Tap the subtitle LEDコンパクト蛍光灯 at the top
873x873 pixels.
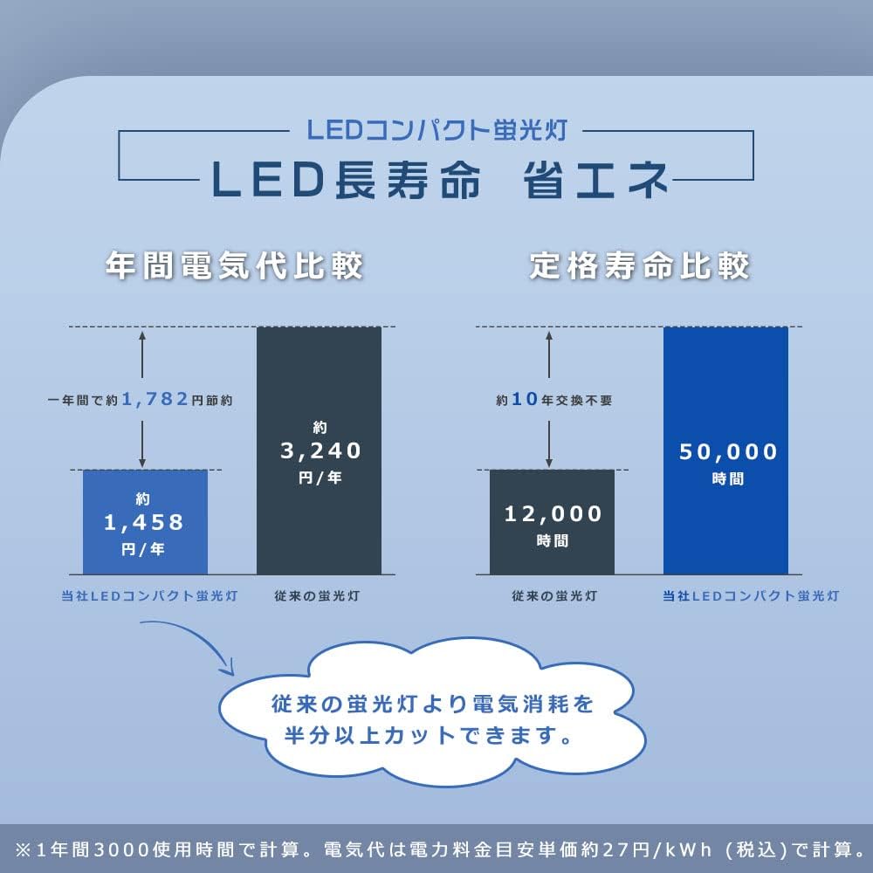pos(437,130)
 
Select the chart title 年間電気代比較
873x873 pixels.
pos(233,265)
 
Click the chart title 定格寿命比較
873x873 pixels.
pos(639,265)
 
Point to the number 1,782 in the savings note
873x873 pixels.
pos(155,399)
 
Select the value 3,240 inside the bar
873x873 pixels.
pos(320,450)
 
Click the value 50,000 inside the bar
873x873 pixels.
pos(727,451)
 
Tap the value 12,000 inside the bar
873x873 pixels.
pos(553,513)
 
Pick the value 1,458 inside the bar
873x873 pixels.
pos(145,522)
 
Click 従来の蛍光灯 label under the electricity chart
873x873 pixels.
pos(320,596)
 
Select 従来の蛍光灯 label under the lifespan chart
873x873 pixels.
pos(553,596)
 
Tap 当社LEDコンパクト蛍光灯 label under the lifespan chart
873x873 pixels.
pos(750,596)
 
